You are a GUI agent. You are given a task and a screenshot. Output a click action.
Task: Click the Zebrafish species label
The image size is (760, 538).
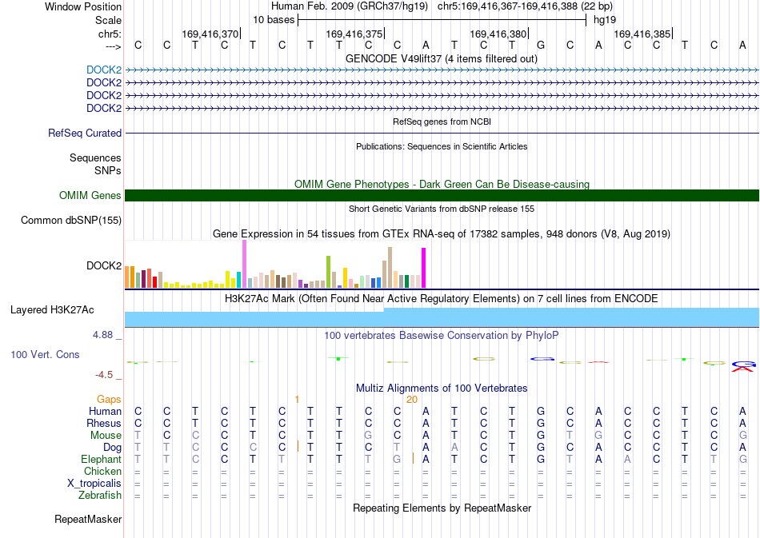click(x=100, y=496)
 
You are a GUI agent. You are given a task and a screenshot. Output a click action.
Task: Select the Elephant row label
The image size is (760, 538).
click(x=102, y=459)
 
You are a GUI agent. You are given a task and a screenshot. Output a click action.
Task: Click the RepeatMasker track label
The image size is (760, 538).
click(x=88, y=519)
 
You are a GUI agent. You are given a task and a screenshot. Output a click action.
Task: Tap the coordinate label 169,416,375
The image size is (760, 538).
click(x=354, y=34)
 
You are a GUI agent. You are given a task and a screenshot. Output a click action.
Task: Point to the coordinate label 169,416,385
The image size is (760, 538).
click(x=642, y=34)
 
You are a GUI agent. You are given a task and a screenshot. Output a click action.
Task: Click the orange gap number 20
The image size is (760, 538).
click(x=412, y=400)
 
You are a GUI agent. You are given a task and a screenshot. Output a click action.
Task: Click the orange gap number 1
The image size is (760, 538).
click(x=297, y=400)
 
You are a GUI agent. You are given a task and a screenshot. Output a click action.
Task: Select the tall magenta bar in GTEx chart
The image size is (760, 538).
click(x=424, y=268)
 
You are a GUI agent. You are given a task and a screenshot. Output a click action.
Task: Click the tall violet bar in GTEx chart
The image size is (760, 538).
click(x=244, y=264)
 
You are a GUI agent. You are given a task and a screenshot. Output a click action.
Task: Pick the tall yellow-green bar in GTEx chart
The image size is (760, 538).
click(x=328, y=272)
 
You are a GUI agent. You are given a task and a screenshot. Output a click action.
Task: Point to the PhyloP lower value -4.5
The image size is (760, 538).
click(x=109, y=375)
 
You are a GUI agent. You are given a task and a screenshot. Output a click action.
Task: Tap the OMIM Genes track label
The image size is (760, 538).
click(x=90, y=195)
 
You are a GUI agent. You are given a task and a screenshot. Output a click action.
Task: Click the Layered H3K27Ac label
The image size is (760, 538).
click(x=52, y=310)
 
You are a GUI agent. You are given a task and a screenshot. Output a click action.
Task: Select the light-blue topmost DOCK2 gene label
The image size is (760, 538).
click(x=104, y=70)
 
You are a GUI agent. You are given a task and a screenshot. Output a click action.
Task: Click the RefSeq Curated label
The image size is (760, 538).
click(x=85, y=134)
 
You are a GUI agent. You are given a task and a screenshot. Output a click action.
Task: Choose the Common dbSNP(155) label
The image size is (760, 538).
click(x=71, y=221)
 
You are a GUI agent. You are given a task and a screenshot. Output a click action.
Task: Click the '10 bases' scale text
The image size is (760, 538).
click(x=274, y=20)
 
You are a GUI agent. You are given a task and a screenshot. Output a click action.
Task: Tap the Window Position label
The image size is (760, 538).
click(x=83, y=6)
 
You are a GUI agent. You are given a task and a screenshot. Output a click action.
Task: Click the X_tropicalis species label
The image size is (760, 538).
click(x=94, y=484)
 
